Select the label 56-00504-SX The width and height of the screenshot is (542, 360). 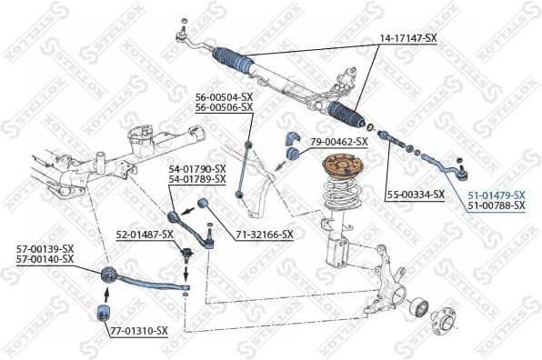point(224,96)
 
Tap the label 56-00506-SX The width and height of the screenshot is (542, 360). point(224,107)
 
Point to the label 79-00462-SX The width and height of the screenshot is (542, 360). point(338,142)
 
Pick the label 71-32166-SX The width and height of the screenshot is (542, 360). point(265,234)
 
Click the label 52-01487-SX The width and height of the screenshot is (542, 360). point(144,234)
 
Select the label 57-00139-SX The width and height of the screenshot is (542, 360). point(44,248)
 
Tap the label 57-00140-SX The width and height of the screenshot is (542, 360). point(44,259)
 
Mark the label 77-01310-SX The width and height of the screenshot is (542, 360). point(139,331)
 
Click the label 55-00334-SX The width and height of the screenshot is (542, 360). point(415,195)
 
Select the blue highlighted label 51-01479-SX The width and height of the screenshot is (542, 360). point(497,195)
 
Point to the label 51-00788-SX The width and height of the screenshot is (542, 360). point(497,206)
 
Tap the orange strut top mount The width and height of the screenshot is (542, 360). point(343,169)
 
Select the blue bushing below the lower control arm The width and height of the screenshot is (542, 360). point(104,315)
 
